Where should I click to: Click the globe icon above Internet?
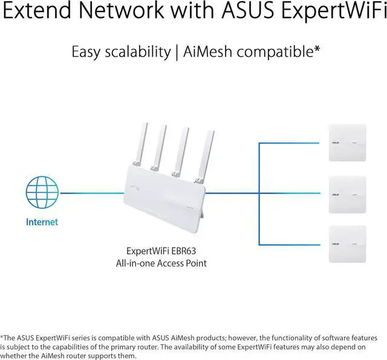(x=42, y=193)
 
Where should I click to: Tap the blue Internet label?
(x=42, y=222)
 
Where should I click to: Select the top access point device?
(x=346, y=144)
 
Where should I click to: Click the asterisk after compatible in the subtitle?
(x=317, y=49)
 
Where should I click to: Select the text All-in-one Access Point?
(x=165, y=263)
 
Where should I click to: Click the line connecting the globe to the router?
(x=91, y=193)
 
